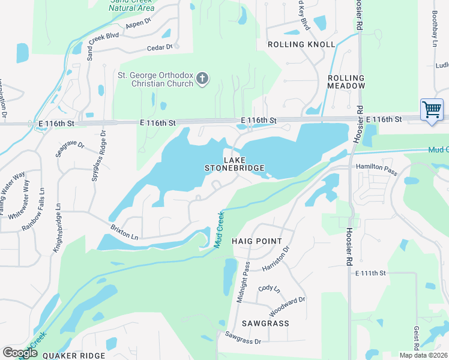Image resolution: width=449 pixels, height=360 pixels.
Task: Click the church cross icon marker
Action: point(203,78)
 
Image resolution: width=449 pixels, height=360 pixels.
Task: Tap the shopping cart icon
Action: point(432,110)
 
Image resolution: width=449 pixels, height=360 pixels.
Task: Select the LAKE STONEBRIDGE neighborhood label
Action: point(235,164)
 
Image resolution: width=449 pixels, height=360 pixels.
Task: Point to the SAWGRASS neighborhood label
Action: point(265,323)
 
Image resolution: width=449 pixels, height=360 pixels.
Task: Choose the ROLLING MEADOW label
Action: point(346,82)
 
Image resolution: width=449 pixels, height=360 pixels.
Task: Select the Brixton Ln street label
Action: point(125,233)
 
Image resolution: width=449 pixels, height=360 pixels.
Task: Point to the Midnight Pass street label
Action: point(243,282)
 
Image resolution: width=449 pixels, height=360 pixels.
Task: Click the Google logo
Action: point(20,353)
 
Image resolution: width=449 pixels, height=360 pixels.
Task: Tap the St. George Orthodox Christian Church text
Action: point(155,79)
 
